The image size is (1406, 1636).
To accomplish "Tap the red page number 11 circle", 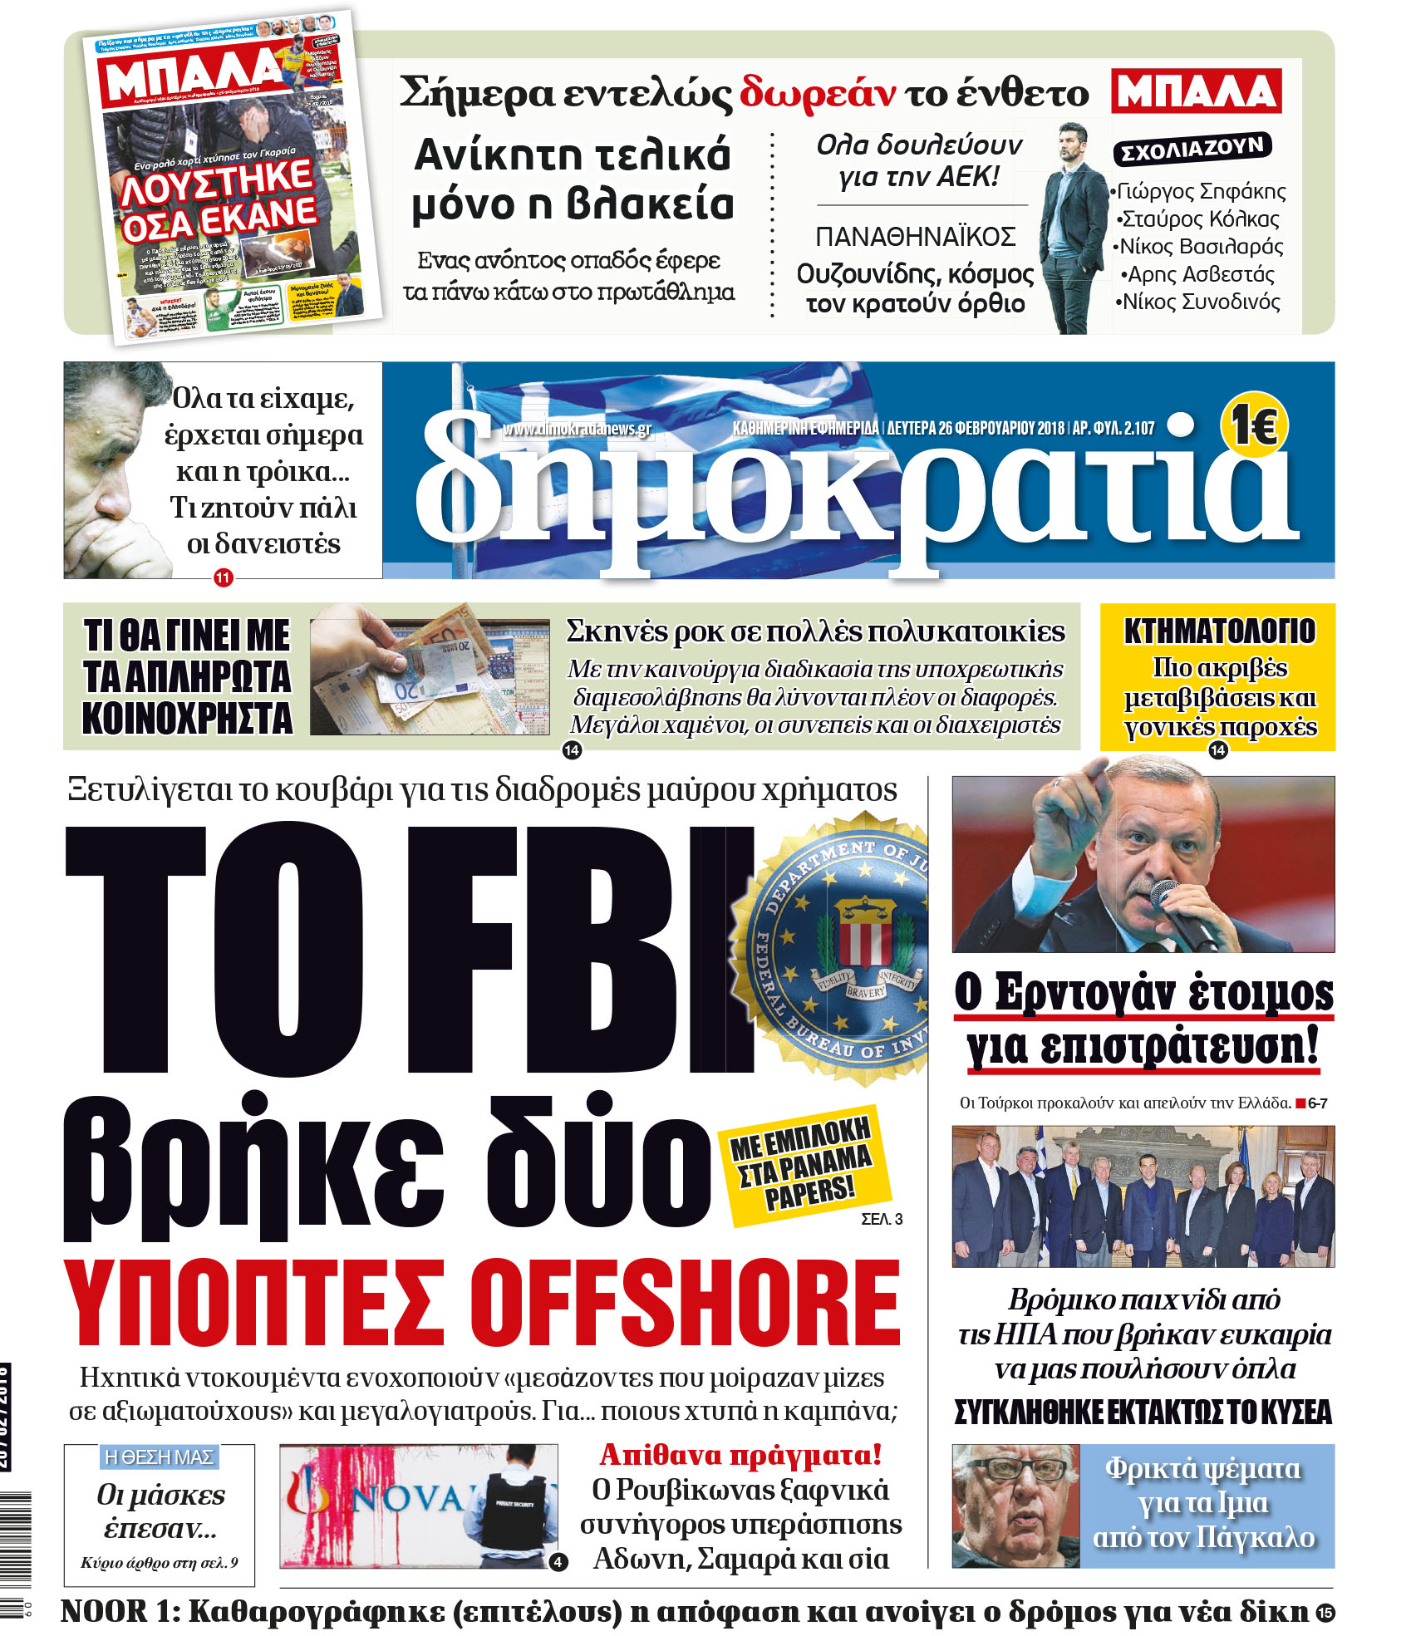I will click(x=223, y=577).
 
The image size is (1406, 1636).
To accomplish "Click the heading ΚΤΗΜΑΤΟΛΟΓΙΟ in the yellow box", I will click(x=1219, y=631).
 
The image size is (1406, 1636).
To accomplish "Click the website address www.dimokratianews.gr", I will click(x=577, y=429).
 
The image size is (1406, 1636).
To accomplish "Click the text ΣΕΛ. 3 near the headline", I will click(x=882, y=1219).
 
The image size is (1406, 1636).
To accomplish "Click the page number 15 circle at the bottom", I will click(x=1325, y=1613).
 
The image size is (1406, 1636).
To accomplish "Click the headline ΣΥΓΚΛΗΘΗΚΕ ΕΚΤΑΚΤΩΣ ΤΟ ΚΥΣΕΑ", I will click(x=1143, y=1412).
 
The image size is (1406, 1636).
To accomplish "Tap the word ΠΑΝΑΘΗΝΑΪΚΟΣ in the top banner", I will click(x=916, y=238).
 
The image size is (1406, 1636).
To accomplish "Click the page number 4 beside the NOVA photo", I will click(x=558, y=1562).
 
